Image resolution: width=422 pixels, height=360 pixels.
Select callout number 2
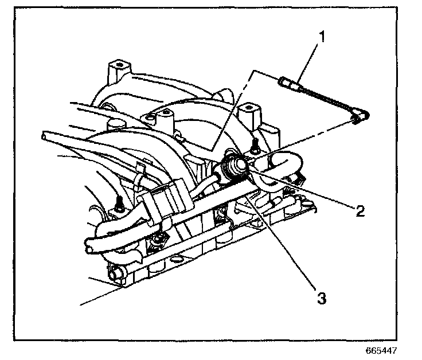pos(360,211)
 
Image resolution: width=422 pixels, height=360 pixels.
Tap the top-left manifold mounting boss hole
pos(118,64)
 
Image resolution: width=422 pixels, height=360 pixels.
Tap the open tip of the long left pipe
pos(44,136)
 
